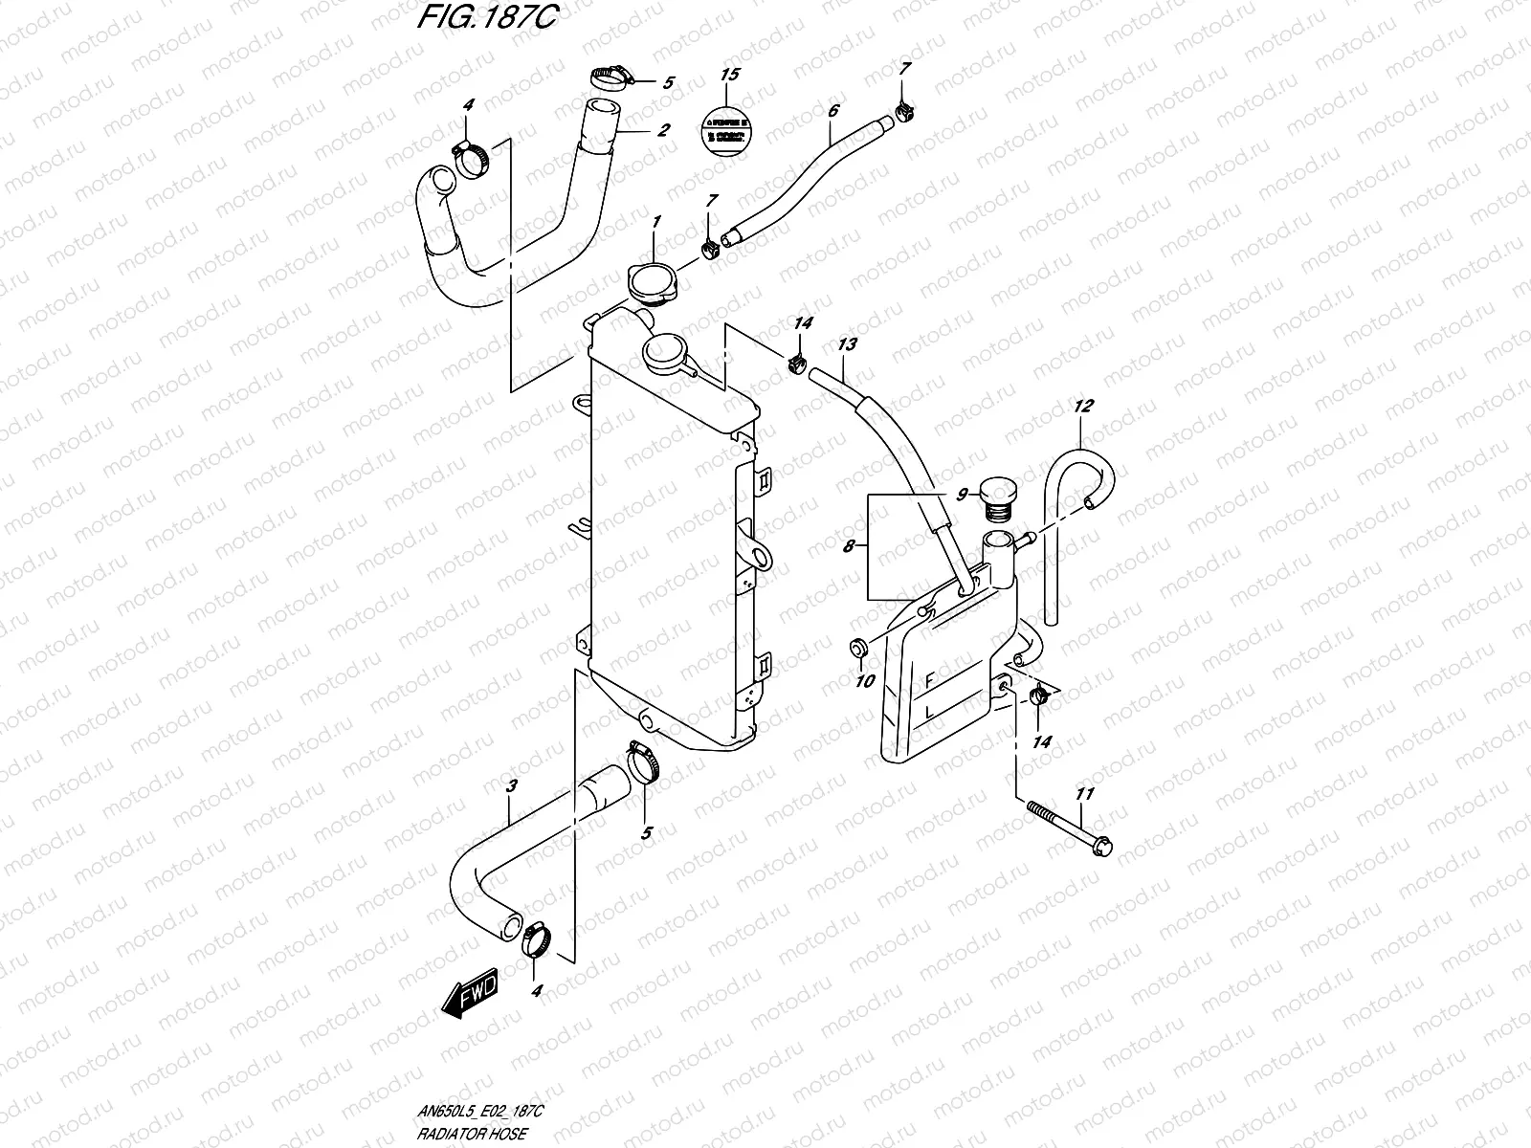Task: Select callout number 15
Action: [x=729, y=75]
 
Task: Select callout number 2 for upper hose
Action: [x=662, y=130]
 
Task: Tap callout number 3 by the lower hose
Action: [x=512, y=786]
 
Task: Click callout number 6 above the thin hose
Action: [x=832, y=112]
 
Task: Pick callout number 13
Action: [x=847, y=343]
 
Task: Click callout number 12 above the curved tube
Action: [x=1082, y=406]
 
